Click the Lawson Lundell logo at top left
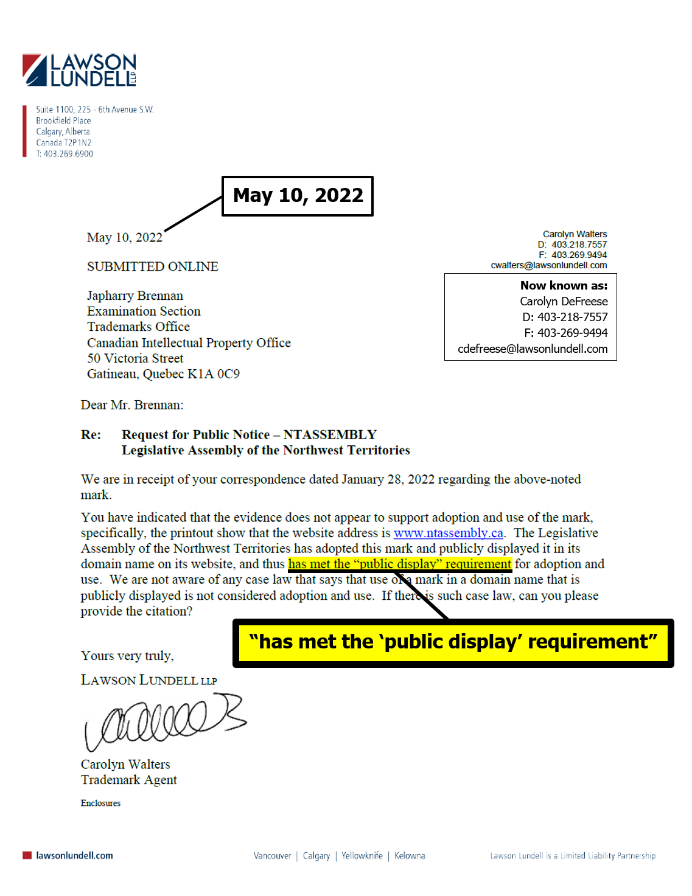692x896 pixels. (79, 70)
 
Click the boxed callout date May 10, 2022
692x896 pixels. (298, 196)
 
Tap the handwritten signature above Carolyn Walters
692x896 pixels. (164, 721)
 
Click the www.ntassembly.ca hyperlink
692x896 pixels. (448, 533)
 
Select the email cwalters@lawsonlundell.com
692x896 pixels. (548, 265)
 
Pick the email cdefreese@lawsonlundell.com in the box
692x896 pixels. (533, 349)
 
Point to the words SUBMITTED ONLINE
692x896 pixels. (152, 266)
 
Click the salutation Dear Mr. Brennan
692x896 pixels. (132, 405)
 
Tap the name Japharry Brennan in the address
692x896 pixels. (135, 296)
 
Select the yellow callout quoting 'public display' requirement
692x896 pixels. (453, 642)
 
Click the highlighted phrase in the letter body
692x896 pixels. (400, 564)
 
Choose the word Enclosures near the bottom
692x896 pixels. (100, 803)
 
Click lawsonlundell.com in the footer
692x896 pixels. (74, 855)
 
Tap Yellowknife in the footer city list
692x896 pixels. (362, 855)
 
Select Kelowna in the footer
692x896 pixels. (410, 855)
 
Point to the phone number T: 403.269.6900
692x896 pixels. (65, 154)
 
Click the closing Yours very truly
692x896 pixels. (127, 656)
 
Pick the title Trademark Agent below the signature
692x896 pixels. (129, 780)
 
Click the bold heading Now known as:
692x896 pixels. (564, 285)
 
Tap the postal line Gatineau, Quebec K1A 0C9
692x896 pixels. (163, 374)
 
